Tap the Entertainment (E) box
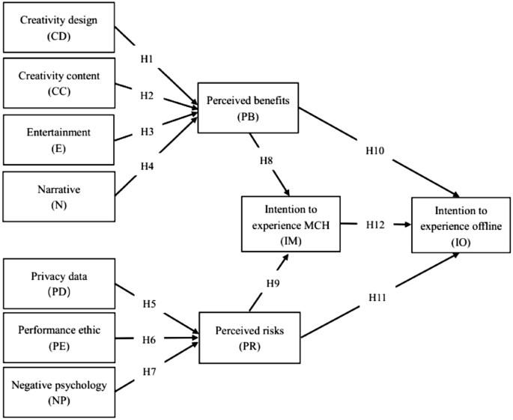pyautogui.click(x=58, y=139)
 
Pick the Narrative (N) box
pyautogui.click(x=58, y=197)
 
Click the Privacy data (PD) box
pyautogui.click(x=58, y=283)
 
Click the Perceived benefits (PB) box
pyautogui.click(x=248, y=106)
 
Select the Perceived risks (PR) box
pyautogui.click(x=247, y=336)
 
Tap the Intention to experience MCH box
pyautogui.click(x=290, y=223)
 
